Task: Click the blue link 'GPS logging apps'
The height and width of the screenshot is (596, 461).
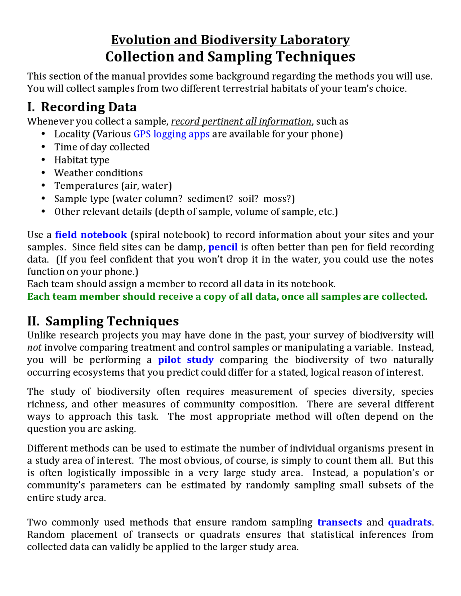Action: click(171, 134)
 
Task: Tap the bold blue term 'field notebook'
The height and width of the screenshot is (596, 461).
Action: click(91, 235)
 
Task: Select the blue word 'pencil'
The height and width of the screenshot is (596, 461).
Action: click(223, 247)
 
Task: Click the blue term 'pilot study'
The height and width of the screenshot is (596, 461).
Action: click(186, 360)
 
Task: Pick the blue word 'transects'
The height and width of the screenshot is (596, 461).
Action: click(339, 522)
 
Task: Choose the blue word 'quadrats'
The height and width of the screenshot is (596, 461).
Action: click(409, 522)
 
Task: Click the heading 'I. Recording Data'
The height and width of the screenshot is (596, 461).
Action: click(82, 107)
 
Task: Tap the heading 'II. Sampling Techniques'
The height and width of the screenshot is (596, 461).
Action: click(103, 321)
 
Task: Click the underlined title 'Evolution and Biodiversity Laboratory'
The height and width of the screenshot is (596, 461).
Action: click(230, 40)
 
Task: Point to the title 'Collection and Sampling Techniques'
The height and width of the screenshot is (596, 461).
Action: click(230, 57)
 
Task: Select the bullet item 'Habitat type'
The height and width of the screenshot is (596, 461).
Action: click(82, 160)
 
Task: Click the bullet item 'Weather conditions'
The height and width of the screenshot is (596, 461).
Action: click(98, 173)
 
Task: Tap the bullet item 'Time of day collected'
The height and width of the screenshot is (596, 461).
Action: click(102, 147)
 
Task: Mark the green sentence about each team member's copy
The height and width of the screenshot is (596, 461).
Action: click(227, 297)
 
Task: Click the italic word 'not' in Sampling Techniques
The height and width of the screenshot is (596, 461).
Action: click(34, 348)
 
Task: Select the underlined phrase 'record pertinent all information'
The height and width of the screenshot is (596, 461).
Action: click(241, 122)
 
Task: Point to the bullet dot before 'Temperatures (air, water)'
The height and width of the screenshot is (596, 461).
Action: click(43, 185)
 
